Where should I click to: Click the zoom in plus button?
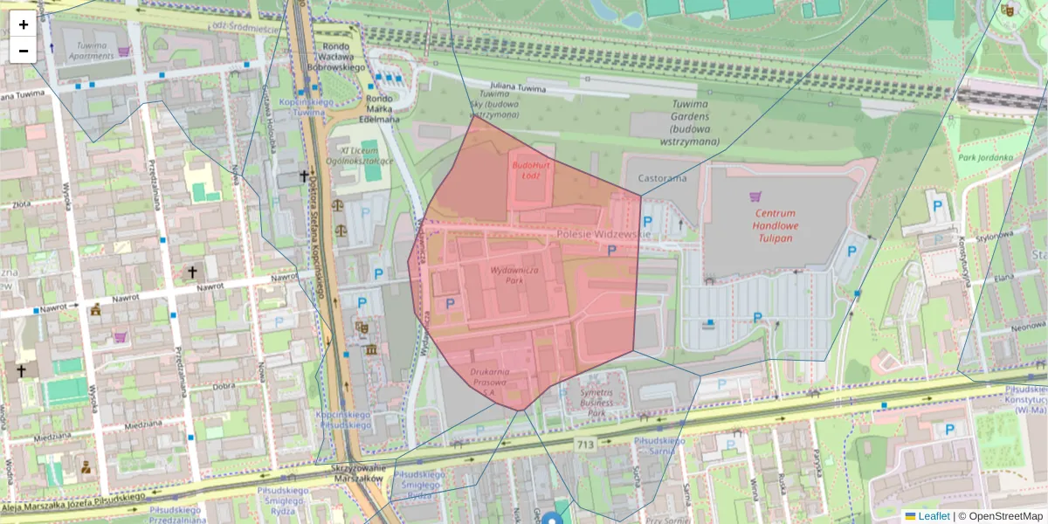(24, 24)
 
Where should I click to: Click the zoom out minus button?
(24, 51)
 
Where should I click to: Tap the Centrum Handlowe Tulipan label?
(776, 225)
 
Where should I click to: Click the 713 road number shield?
(585, 445)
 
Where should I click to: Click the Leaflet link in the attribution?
(934, 516)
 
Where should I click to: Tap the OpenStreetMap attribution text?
(1000, 516)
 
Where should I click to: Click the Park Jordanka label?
(989, 158)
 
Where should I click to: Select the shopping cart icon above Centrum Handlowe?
(755, 196)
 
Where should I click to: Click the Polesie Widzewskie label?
(603, 234)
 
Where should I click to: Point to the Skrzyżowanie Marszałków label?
(357, 472)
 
